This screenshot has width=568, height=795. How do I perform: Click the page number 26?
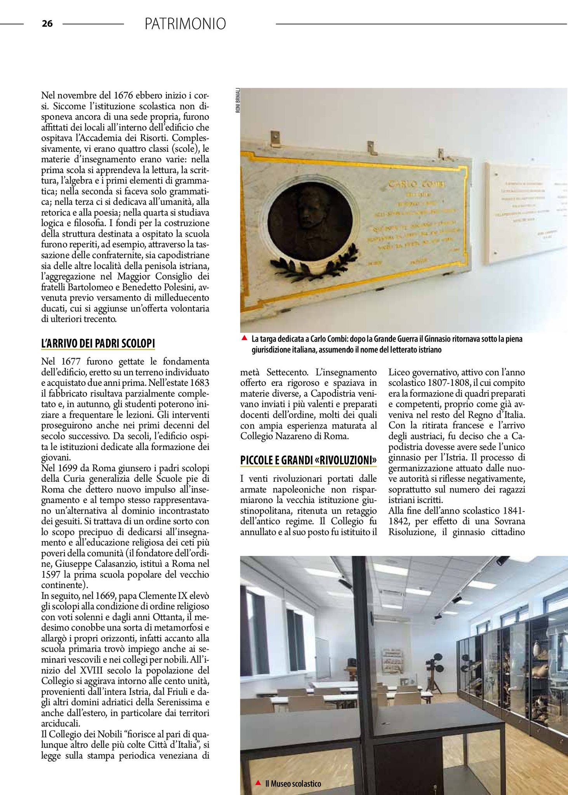coord(47,24)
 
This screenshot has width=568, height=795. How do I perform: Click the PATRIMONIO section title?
coord(185,24)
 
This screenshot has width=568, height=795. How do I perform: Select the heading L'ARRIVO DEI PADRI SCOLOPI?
coord(98,344)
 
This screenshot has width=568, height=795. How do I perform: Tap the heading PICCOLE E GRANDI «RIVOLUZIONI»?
coord(308,460)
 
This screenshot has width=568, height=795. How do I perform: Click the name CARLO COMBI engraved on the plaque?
coord(417,184)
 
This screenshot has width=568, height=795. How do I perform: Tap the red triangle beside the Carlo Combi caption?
coord(244,338)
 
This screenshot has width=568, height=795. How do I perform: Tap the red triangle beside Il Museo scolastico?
coord(258,783)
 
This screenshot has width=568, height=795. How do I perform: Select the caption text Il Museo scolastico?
coord(293,783)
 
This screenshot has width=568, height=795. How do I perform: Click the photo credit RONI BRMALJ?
coord(238,101)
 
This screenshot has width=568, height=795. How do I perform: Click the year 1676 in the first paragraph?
coord(123,95)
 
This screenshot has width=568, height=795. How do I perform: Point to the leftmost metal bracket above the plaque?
coord(275,138)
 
